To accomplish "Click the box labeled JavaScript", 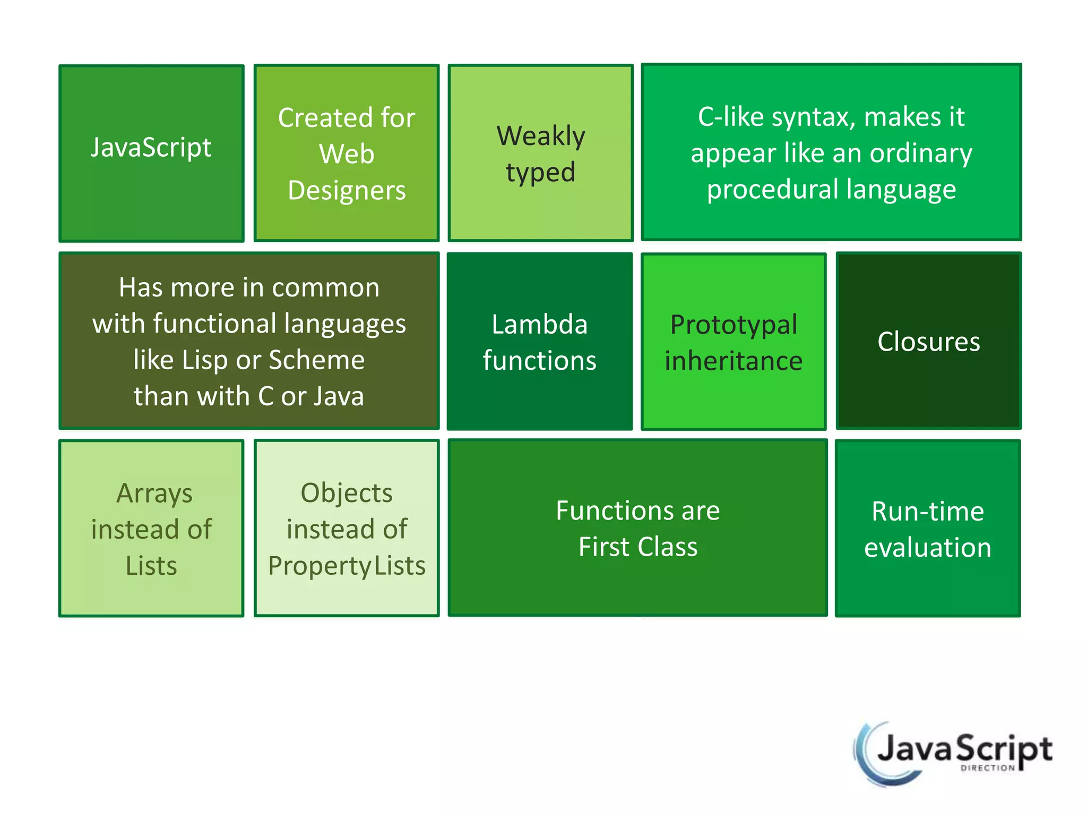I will [151, 153].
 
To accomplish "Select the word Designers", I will [347, 190].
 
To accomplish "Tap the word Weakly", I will [540, 136].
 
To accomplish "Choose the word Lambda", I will [539, 324].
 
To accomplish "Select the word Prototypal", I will [734, 325].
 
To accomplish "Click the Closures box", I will [928, 341].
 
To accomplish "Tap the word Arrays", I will [154, 494].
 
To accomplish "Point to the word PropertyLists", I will [347, 566].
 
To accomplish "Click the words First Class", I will [637, 547].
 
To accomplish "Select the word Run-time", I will [927, 512].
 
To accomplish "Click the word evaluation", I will [927, 548].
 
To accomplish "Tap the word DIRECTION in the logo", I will [987, 768].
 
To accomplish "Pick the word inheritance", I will [734, 361].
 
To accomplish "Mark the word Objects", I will [347, 493].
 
